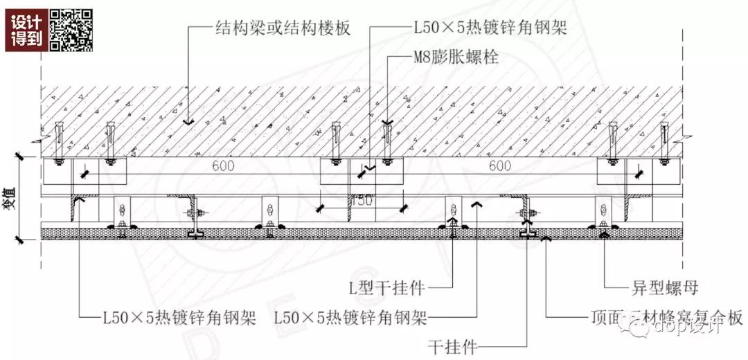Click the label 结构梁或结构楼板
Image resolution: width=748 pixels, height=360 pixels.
click(283, 28)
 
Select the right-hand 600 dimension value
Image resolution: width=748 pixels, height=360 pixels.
click(499, 166)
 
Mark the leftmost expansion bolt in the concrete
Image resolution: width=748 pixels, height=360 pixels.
click(59, 143)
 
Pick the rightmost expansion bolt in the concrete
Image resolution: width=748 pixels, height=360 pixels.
click(664, 143)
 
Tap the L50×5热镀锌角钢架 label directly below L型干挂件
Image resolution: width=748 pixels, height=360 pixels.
click(350, 318)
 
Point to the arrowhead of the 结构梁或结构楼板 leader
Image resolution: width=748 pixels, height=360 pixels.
click(187, 122)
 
